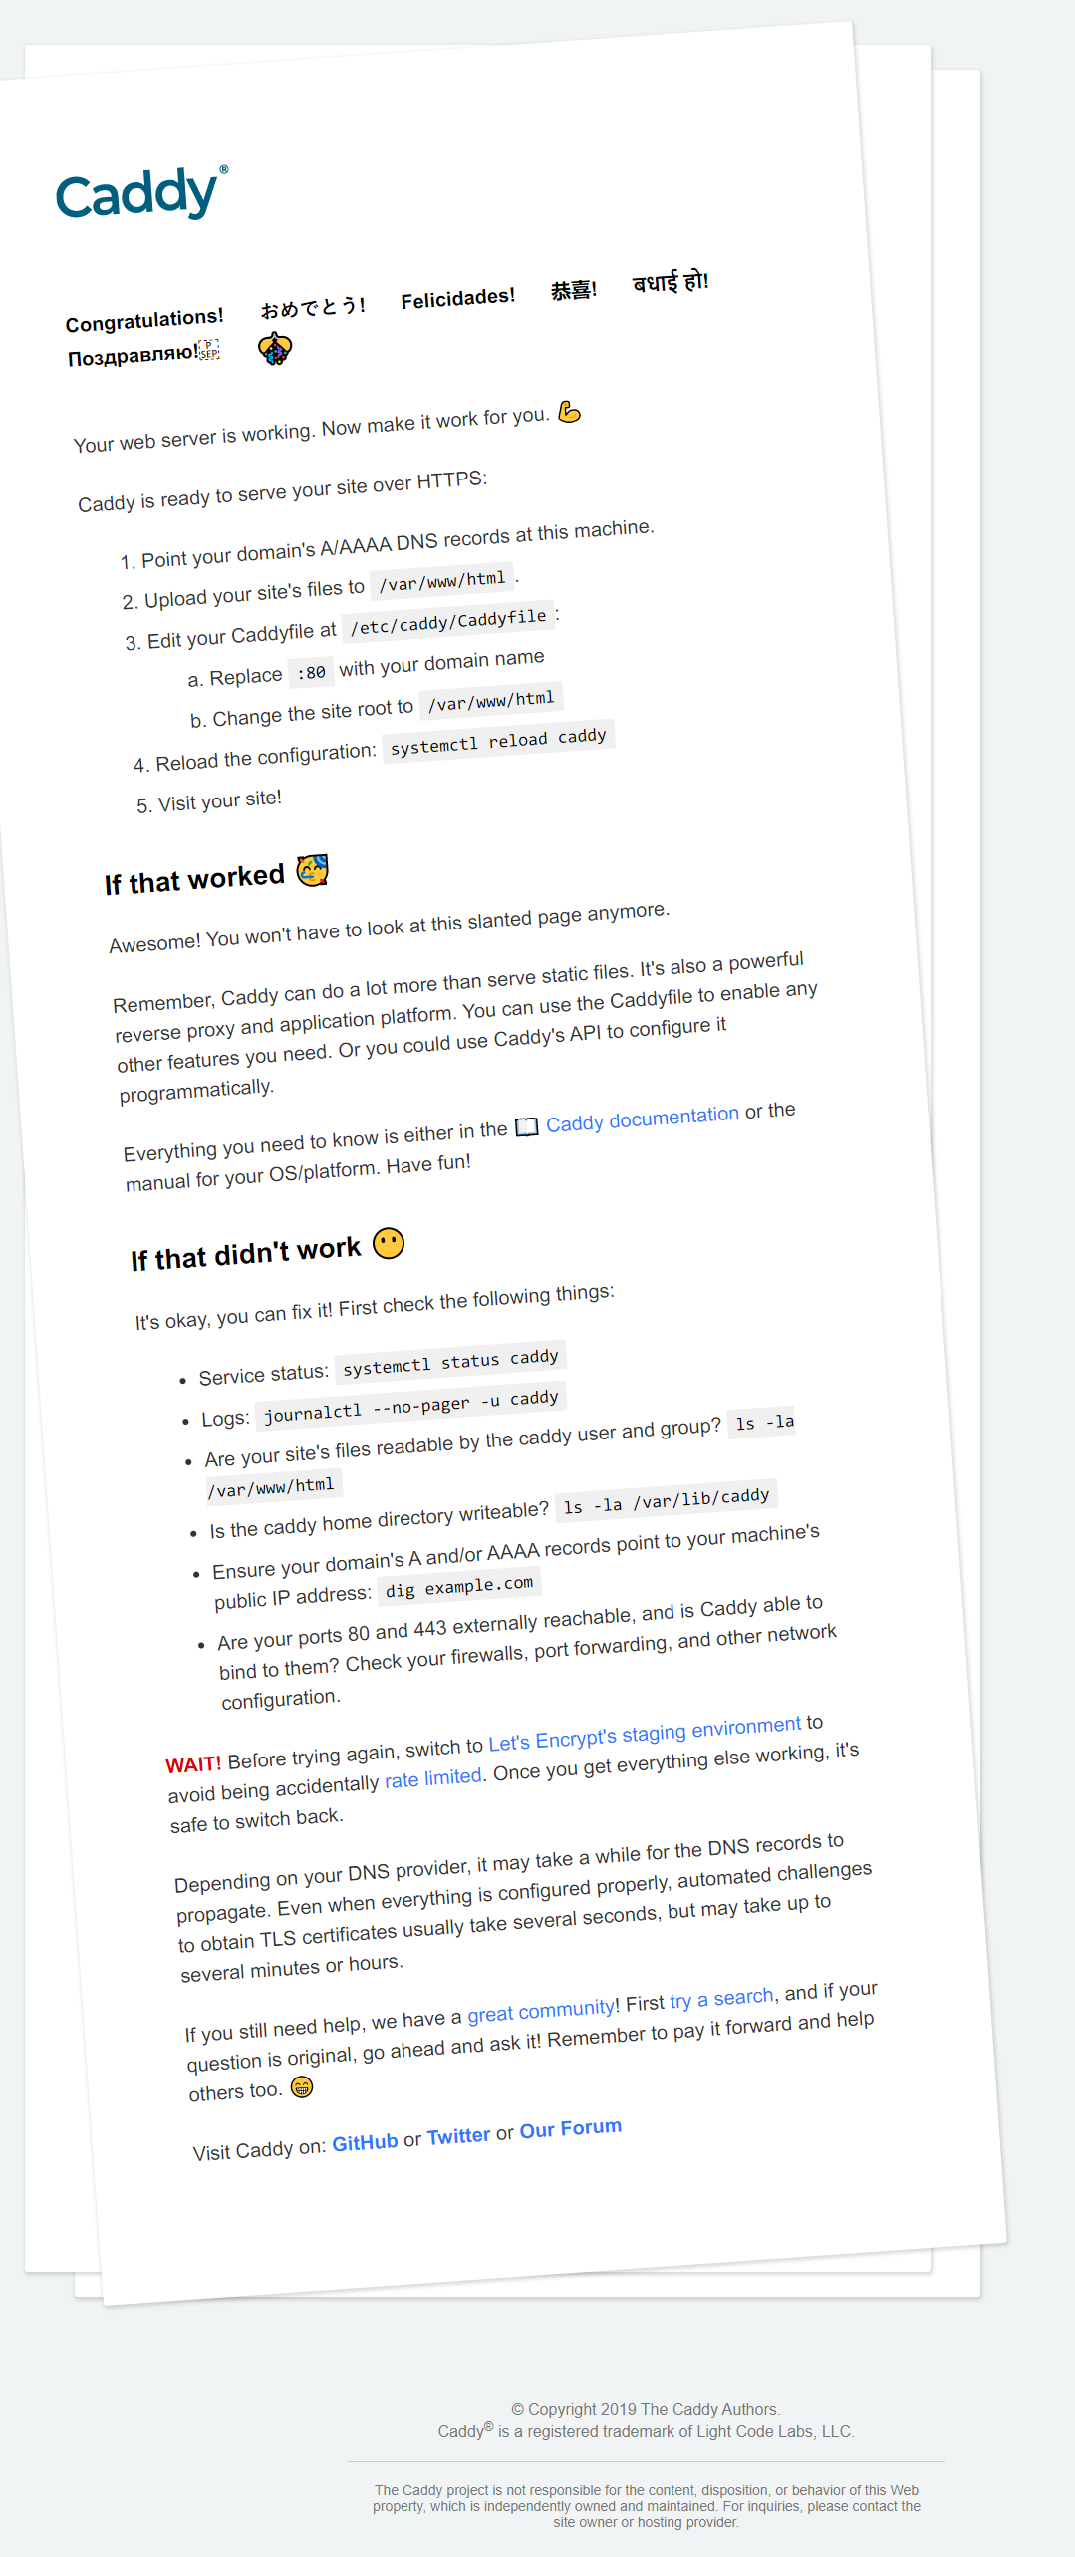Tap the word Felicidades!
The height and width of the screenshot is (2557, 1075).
457,297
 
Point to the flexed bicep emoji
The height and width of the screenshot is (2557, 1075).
569,412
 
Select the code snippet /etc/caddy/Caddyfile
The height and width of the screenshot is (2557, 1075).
448,621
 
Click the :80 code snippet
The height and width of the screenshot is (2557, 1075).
311,673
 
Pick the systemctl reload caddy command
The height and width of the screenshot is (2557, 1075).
498,740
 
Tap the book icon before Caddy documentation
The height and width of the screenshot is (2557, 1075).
526,1126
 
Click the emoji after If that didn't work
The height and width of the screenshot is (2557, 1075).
389,1243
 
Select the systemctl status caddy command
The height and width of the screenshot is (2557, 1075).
450,1361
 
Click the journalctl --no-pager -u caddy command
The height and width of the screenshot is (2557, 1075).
410,1405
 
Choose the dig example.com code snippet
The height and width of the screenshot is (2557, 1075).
459,1586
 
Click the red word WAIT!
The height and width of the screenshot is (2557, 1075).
193,1763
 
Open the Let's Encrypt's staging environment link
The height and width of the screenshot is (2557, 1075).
644,1733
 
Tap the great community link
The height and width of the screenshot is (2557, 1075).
541,2011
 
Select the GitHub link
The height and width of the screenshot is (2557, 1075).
365,2142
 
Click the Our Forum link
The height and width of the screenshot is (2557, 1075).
570,2128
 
